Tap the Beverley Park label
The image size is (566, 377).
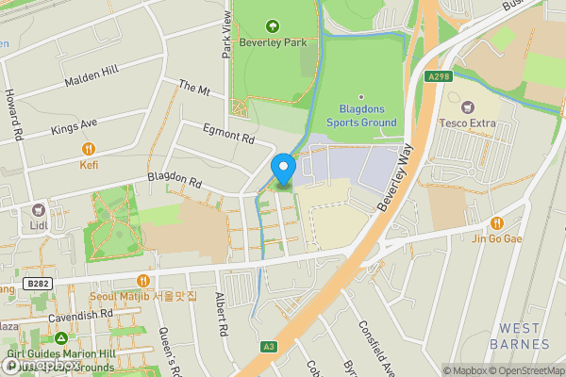pyautogui.click(x=274, y=42)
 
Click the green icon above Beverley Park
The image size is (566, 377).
pyautogui.click(x=274, y=25)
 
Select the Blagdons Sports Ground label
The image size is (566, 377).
pyautogui.click(x=360, y=115)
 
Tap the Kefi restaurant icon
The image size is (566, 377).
pyautogui.click(x=89, y=148)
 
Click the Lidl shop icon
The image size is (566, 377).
pyautogui.click(x=39, y=212)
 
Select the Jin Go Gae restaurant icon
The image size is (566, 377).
pyautogui.click(x=496, y=223)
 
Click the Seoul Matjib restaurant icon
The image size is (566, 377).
pyautogui.click(x=143, y=280)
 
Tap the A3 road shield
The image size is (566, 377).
pyautogui.click(x=270, y=347)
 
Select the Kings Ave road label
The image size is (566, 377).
pyautogui.click(x=75, y=125)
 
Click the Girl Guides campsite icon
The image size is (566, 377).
pyautogui.click(x=60, y=337)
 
